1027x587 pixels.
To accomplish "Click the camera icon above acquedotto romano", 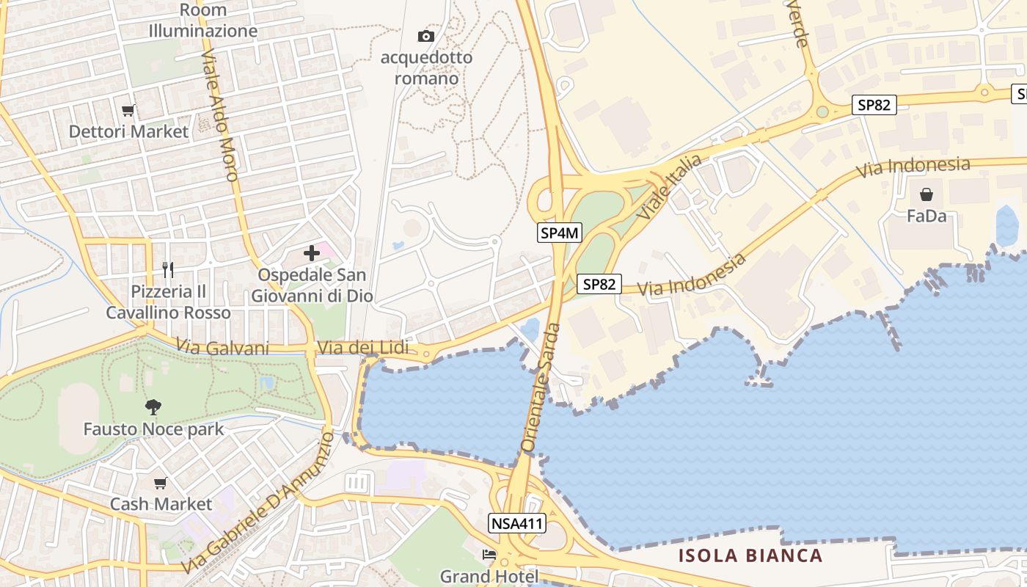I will [x=425, y=36].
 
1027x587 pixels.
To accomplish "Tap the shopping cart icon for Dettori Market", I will [x=128, y=111].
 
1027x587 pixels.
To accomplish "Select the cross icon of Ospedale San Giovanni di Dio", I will [x=312, y=254].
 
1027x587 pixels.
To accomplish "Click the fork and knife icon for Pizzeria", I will [x=168, y=270].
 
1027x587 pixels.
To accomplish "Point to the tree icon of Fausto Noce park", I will [x=153, y=407].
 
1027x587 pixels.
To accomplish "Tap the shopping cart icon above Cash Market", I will [x=161, y=483].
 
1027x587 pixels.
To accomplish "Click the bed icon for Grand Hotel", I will [x=489, y=555].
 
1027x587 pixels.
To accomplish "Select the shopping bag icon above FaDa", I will [x=927, y=194].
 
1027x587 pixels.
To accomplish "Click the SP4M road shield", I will [x=560, y=233].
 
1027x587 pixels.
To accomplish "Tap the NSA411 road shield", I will [x=516, y=523].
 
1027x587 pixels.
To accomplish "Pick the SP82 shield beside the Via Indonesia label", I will [x=599, y=284].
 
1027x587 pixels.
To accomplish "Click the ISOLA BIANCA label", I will [x=750, y=555].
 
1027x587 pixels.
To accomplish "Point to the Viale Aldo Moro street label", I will [x=220, y=117].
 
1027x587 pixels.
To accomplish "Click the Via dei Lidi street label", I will [x=362, y=348].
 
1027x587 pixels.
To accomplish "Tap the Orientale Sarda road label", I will [x=541, y=387].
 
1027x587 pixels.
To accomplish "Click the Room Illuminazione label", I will [x=203, y=21].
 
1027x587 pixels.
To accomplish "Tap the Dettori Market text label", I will [x=128, y=132].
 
